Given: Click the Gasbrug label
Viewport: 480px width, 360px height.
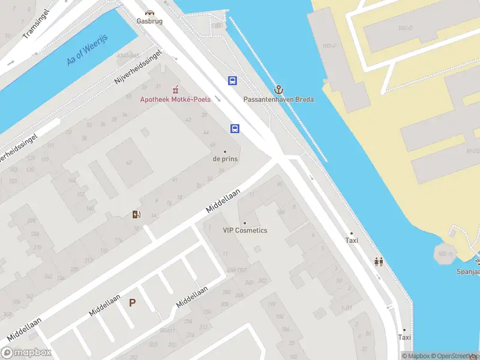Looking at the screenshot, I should click(149, 20).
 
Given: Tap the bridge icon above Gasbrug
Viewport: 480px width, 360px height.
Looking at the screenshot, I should click(149, 11).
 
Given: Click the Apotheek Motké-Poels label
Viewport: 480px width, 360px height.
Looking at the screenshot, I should click(175, 99).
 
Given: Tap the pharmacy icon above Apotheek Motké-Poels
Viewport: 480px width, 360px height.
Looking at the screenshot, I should click(175, 89).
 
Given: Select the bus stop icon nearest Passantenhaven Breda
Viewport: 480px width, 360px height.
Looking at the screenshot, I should click(232, 80).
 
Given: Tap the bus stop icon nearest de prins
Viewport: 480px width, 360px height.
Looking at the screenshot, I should click(235, 128).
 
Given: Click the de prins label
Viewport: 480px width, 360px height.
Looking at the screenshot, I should click(225, 159).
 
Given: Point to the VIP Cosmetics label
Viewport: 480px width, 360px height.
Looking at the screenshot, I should click(245, 230).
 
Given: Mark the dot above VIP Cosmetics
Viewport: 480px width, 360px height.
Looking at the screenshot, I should click(245, 223).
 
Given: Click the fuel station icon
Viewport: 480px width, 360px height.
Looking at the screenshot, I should click(137, 214).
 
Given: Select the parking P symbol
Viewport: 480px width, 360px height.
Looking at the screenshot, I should click(132, 304).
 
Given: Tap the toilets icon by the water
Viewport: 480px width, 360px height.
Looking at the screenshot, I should click(379, 262).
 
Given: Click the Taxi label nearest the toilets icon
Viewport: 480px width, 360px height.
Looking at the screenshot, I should click(352, 240).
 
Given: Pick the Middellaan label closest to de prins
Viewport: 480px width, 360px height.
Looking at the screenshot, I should click(223, 200).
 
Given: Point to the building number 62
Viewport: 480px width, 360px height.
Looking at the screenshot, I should click(128, 162).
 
